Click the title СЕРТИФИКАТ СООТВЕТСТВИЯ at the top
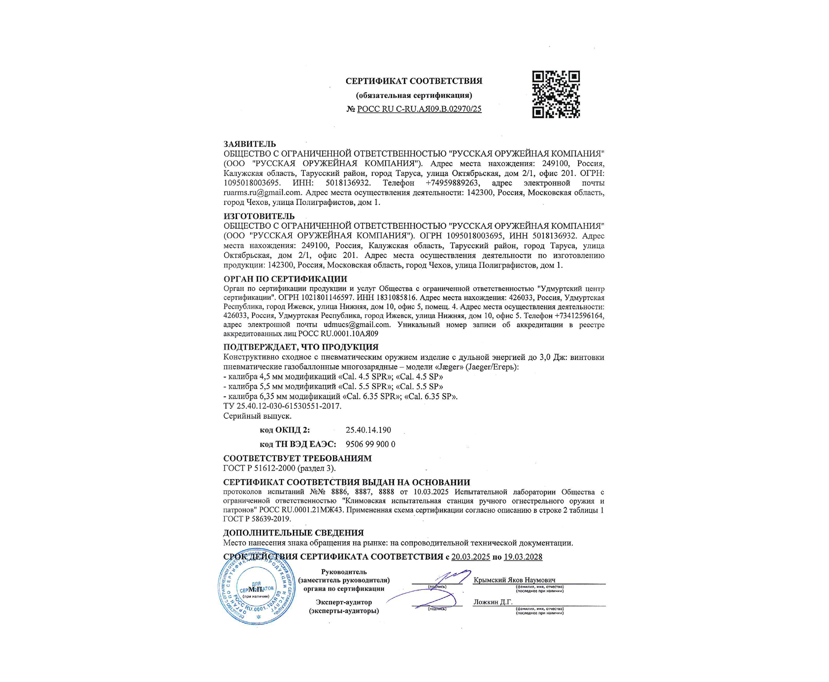tap(414, 81)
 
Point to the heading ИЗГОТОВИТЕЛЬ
tap(259, 216)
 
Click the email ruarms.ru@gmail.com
tap(262, 193)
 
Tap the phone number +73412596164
tap(579, 316)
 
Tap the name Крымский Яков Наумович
tap(514, 580)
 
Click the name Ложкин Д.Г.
tap(493, 602)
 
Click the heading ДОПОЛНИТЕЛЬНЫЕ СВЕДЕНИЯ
tap(293, 533)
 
